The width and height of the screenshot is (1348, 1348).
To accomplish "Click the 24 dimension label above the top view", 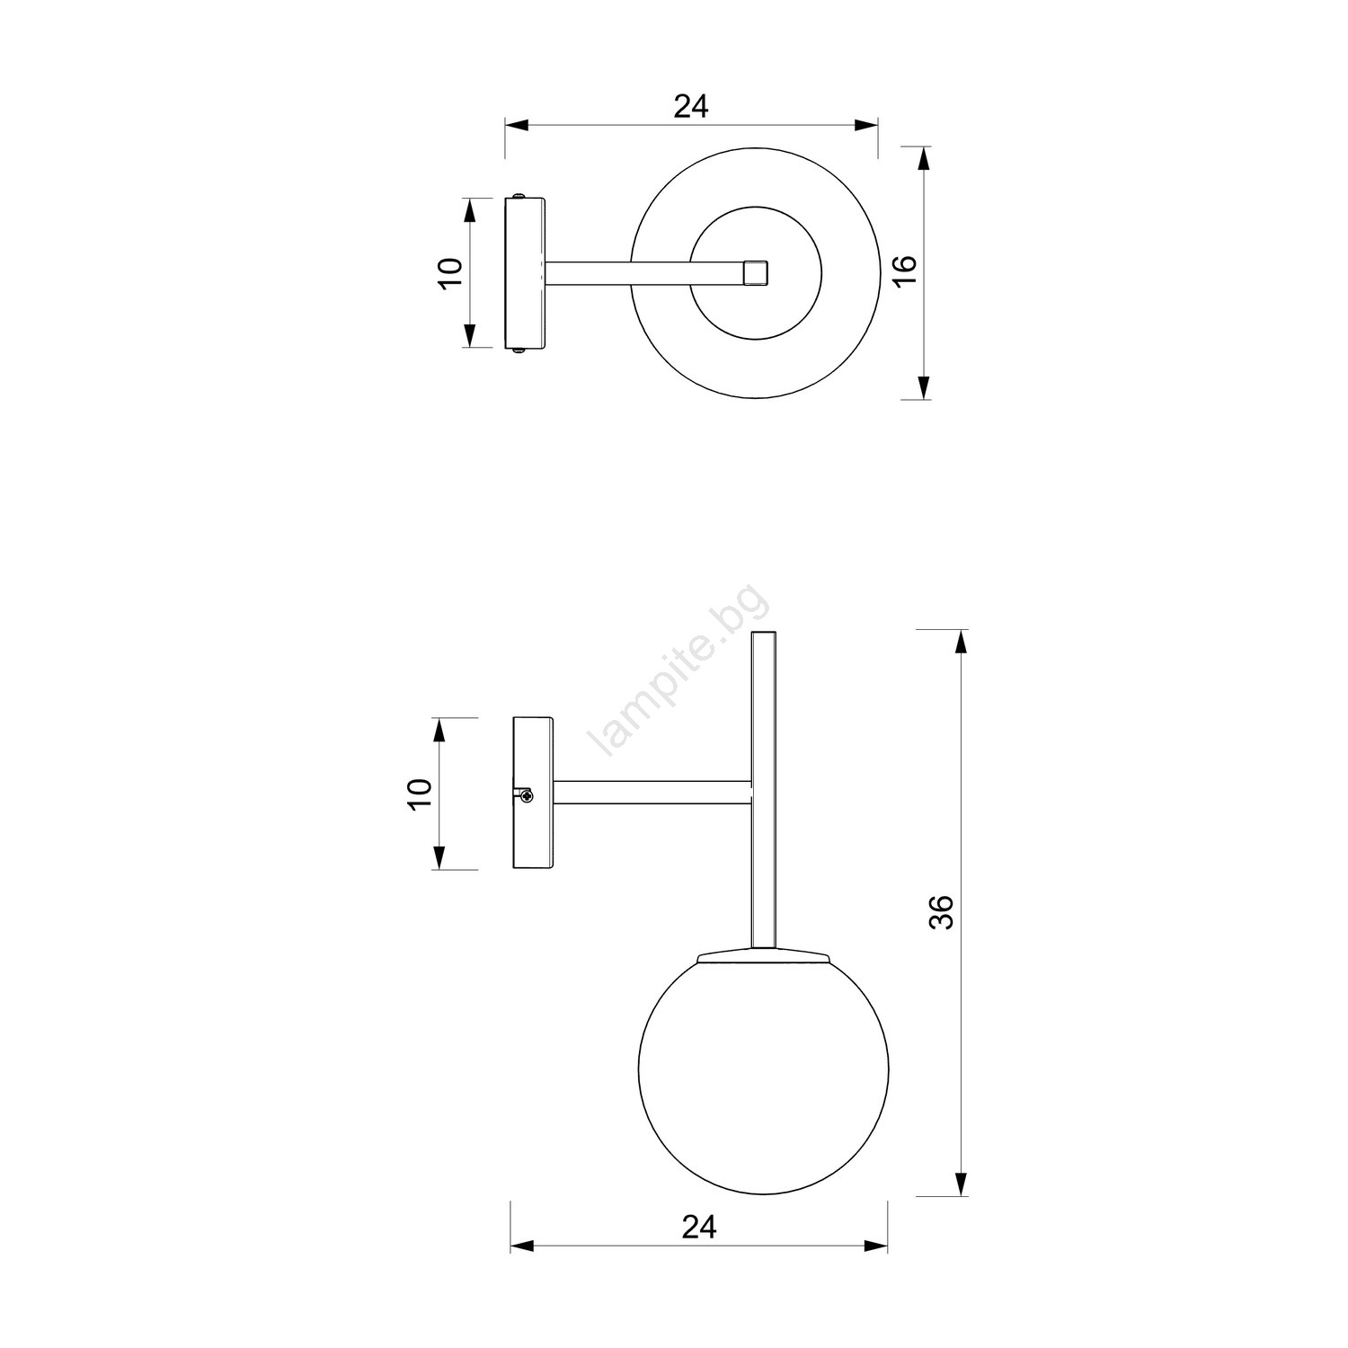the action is (x=691, y=106).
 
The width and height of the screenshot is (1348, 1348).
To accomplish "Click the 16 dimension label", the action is (x=905, y=270).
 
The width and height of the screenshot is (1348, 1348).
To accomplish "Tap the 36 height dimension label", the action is (x=940, y=912).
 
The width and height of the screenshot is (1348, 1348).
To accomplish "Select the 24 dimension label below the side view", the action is (x=699, y=1227).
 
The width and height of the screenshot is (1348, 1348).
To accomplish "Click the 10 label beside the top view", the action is (x=451, y=272).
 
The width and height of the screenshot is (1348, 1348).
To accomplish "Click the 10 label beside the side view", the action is (x=421, y=794).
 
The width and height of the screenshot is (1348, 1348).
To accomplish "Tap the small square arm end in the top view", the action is (x=756, y=272).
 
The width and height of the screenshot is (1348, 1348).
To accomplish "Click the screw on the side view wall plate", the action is (x=526, y=794).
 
